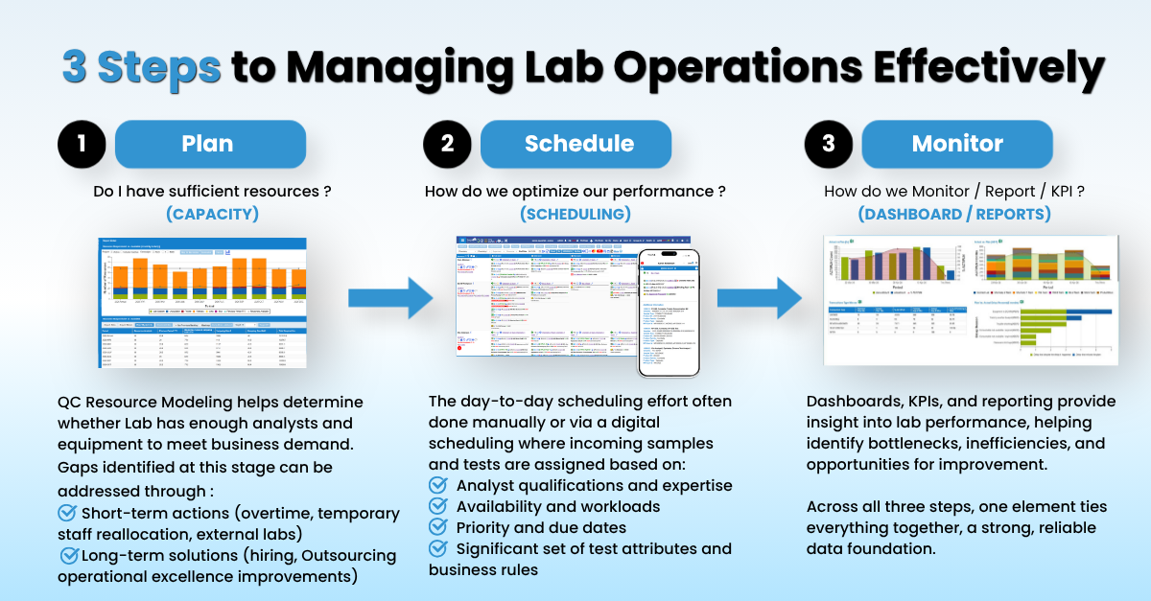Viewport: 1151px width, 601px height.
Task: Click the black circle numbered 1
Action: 82,144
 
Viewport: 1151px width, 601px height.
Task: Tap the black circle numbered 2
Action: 447,144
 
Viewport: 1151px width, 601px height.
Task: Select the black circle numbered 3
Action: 829,144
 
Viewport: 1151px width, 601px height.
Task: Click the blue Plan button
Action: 208,144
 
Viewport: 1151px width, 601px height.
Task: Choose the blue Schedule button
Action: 578,144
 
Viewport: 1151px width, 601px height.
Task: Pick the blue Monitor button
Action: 957,144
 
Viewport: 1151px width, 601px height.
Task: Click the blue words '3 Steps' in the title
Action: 142,67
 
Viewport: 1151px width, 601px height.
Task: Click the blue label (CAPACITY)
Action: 212,214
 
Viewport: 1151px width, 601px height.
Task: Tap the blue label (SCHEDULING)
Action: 575,214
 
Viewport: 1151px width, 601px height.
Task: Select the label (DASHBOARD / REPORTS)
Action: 954,214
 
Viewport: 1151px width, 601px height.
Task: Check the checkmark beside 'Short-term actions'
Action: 68,513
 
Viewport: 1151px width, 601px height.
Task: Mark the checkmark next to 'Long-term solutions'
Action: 69,555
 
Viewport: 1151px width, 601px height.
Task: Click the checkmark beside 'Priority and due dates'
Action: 438,527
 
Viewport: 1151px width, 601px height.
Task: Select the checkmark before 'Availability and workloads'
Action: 438,506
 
